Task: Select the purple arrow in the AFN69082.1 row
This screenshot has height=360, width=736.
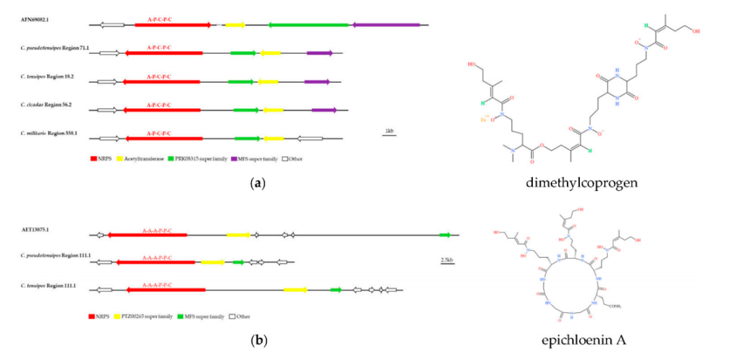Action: pos(386,25)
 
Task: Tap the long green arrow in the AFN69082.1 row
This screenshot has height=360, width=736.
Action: pos(309,25)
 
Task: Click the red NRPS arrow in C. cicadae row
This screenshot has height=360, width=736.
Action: pos(163,110)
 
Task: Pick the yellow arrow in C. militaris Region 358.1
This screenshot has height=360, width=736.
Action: pos(274,138)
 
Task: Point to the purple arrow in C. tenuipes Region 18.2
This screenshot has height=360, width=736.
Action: pos(317,82)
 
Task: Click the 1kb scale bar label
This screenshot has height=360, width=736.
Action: pos(389,130)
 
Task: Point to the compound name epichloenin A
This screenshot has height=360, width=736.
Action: pos(587,340)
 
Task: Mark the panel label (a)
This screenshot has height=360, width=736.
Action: pos(256,183)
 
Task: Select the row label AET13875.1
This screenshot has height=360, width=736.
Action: pos(37,230)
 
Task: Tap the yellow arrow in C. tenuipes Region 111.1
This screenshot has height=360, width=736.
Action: pos(295,290)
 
